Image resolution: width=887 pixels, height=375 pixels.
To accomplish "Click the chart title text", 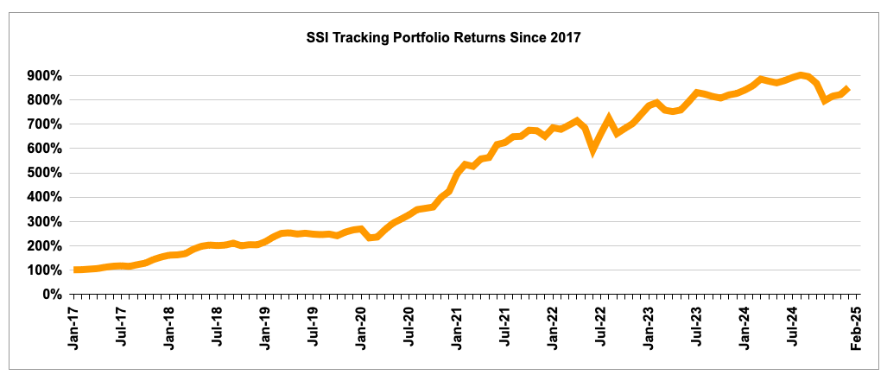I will [x=444, y=38].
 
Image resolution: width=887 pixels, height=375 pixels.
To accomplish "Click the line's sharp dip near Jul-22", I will [x=593, y=149].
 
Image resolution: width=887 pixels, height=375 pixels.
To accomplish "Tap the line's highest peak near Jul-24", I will [x=801, y=75].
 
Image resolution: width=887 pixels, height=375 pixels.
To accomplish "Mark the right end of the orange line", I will [x=849, y=87].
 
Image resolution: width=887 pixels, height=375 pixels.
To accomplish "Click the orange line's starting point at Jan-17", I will [x=76, y=270].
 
